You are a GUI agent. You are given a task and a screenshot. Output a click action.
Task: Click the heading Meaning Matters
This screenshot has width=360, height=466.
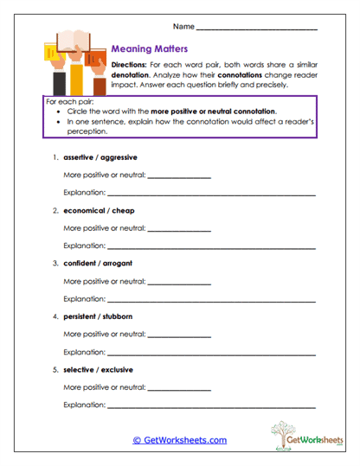click(150, 49)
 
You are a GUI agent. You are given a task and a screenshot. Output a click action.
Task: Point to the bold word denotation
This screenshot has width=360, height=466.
click(132, 75)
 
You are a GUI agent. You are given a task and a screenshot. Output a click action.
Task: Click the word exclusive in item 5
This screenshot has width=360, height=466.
click(116, 368)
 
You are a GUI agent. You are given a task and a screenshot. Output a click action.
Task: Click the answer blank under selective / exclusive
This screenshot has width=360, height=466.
click(179, 388)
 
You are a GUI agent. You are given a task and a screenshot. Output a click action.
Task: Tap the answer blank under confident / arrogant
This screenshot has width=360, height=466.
click(179, 283)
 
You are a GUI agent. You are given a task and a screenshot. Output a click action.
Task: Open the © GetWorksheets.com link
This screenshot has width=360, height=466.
click(179, 440)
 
